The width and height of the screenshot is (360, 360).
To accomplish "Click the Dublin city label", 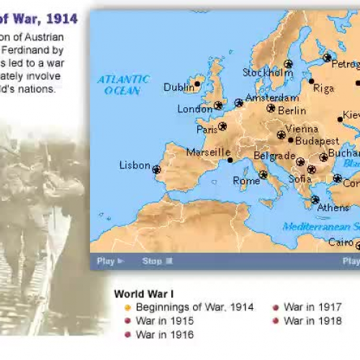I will click(x=179, y=87).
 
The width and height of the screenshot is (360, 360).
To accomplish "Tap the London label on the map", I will click(x=194, y=109).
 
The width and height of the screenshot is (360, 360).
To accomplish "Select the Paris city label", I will click(x=207, y=130).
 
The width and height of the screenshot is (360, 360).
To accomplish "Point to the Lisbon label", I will click(x=135, y=166).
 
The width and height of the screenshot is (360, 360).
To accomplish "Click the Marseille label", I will click(x=208, y=153).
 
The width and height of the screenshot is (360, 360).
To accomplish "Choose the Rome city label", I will click(x=246, y=181).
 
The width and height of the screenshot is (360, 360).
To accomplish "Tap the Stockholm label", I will click(x=267, y=73).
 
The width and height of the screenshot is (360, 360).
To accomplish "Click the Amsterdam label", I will click(x=271, y=98).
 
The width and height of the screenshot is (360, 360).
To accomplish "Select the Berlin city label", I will click(x=292, y=111).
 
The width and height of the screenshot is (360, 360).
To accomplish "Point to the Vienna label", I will click(x=302, y=130).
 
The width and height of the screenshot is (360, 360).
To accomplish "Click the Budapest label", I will click(x=317, y=141).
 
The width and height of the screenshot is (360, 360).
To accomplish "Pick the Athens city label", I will click(x=333, y=208).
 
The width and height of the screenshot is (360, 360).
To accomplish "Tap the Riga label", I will click(x=324, y=89).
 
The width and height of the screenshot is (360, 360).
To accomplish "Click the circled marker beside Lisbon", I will click(x=156, y=170).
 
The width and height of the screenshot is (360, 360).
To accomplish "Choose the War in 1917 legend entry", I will click(x=312, y=307).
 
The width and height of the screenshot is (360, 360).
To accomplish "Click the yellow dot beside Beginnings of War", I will click(x=127, y=307).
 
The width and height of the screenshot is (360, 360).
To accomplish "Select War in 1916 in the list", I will click(x=164, y=334).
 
